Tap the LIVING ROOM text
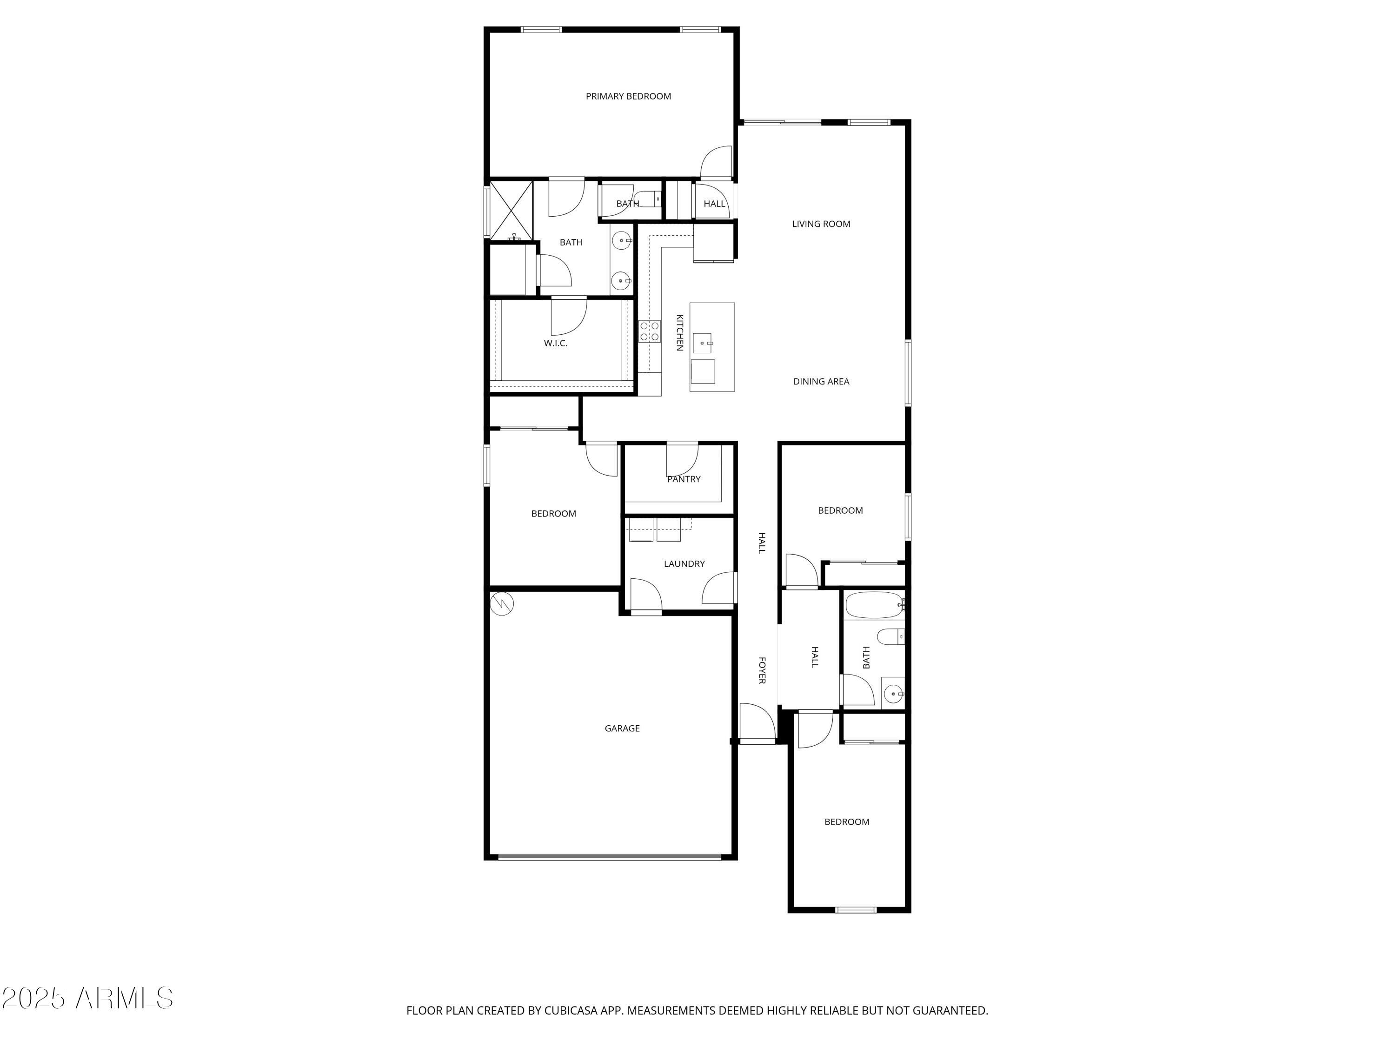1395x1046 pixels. pos(821,224)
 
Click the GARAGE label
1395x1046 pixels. pos(622,728)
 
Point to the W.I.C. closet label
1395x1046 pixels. pos(556,344)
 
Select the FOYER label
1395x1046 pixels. pos(762,670)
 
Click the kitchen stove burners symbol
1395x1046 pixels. pos(650,331)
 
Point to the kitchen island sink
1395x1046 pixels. pos(703,344)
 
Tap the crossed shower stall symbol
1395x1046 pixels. pos(511,211)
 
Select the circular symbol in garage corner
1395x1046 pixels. pos(502,604)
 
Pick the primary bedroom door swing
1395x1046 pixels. pos(717,163)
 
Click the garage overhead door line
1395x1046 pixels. pos(609,857)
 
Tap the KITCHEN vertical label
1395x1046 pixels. pos(680,332)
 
